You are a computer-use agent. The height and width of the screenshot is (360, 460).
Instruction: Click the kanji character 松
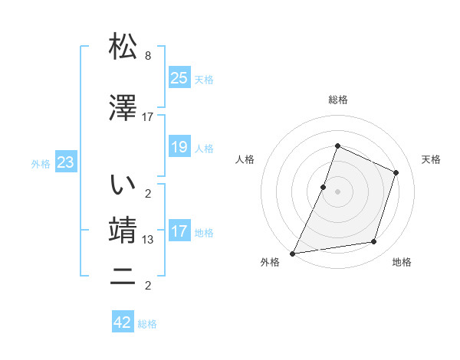coord(123,47)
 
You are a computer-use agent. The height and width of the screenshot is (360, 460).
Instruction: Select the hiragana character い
coord(123,185)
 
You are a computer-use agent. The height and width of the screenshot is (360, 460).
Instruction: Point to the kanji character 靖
coord(123,231)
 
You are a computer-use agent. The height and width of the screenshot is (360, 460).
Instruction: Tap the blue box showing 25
coord(179,77)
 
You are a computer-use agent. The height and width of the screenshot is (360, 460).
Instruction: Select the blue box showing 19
coord(179,147)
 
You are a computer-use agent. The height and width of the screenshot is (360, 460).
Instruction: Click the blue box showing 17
coord(179,231)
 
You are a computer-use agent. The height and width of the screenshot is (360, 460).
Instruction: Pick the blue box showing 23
coord(65,162)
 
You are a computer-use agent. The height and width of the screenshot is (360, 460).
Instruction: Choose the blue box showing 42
coord(123,322)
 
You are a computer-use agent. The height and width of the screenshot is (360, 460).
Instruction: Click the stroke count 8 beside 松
coord(148,57)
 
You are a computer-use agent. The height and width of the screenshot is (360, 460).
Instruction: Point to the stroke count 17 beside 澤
coord(148,117)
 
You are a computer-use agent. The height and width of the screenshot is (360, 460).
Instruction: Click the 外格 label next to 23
coord(41,164)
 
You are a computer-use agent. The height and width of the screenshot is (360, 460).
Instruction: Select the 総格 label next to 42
coord(147,324)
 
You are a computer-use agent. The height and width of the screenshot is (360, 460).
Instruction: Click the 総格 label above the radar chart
coord(337,100)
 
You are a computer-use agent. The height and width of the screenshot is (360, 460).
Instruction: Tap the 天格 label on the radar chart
coord(432,159)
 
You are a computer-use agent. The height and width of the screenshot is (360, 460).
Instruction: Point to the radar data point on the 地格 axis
coord(374,242)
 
